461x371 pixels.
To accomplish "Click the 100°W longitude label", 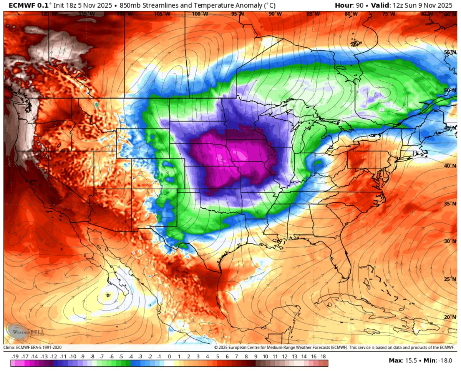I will [x=200, y=14].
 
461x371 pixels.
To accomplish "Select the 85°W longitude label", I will [x=313, y=14].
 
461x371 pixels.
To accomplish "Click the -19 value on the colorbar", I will [x=15, y=356].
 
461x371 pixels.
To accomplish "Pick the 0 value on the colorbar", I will [x=169, y=356].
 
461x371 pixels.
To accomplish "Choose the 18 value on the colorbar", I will [x=323, y=356].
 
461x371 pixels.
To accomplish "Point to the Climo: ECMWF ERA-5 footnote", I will [x=33, y=347].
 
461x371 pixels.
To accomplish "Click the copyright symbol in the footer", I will [x=216, y=347].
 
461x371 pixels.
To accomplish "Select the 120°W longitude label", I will [x=46, y=14].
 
